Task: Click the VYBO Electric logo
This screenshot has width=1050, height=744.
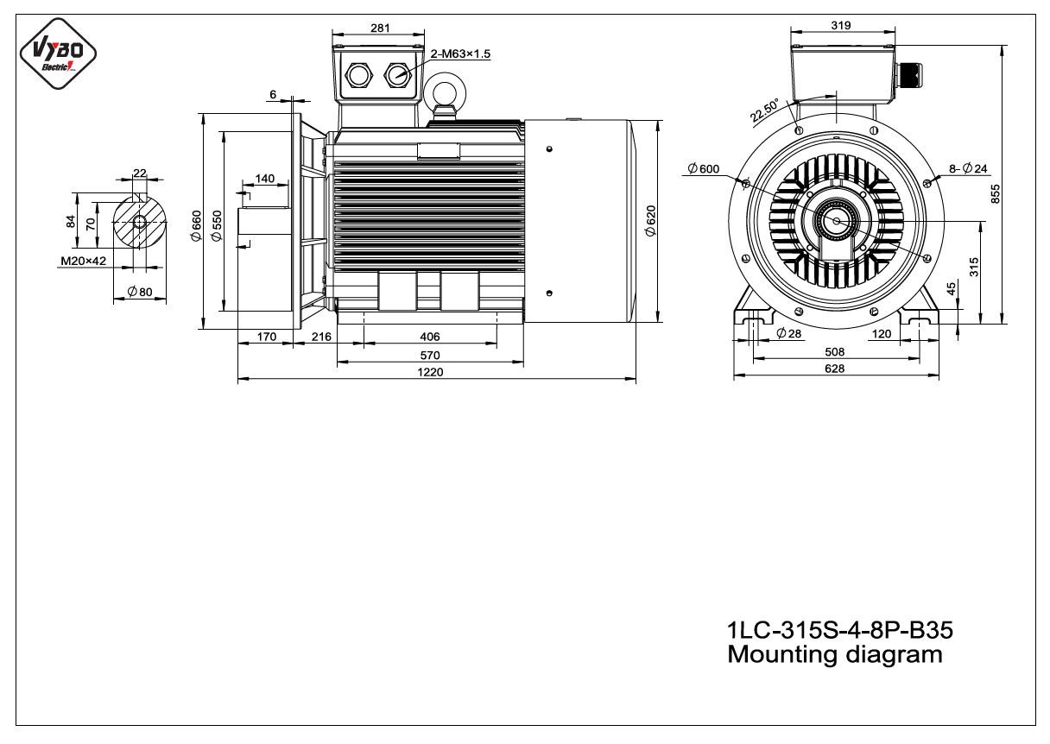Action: (x=58, y=54)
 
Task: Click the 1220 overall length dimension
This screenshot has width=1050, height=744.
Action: (x=430, y=372)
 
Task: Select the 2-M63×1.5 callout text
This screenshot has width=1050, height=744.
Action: (x=460, y=54)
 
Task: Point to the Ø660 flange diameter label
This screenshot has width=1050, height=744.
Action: (x=196, y=226)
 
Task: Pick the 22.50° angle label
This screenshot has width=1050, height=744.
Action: (x=764, y=110)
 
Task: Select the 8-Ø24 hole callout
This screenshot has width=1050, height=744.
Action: (x=968, y=168)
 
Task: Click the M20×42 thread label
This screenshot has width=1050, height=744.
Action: (x=84, y=261)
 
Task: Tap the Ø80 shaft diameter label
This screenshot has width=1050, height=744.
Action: (x=140, y=292)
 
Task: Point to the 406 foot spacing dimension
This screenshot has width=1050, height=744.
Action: (x=430, y=337)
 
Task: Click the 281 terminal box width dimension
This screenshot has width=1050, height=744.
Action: (x=380, y=28)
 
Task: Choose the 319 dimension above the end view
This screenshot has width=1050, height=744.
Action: (x=841, y=25)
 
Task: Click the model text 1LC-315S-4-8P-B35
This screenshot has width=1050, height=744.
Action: (x=839, y=630)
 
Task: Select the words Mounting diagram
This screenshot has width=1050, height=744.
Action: (x=835, y=655)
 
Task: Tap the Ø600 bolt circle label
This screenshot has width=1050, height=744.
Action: (x=703, y=168)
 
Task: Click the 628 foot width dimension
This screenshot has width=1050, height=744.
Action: (x=834, y=369)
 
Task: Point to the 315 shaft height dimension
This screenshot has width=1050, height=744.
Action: (x=974, y=267)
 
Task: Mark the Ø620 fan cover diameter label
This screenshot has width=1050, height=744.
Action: (x=650, y=221)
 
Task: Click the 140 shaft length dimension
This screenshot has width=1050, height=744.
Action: (x=265, y=179)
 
